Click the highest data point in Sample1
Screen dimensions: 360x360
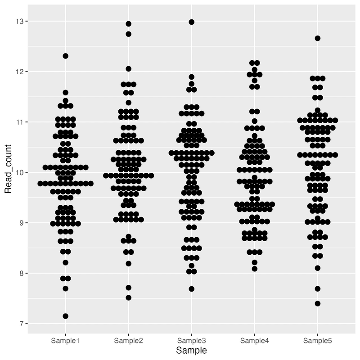(65, 56)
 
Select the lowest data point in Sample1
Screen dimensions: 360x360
(65, 316)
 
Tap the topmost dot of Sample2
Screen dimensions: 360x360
(128, 23)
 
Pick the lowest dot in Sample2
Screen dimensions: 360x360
(128, 297)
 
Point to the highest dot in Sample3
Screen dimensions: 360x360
(191, 22)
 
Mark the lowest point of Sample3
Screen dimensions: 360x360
(191, 289)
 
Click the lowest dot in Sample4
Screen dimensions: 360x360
(254, 269)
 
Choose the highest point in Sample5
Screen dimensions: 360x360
(317, 38)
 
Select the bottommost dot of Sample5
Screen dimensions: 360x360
(317, 303)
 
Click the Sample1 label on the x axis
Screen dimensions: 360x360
(65, 339)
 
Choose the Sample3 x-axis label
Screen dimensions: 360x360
(191, 339)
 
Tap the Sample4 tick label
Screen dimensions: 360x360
(254, 339)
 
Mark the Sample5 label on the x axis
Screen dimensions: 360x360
(317, 339)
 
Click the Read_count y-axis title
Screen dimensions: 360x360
(8, 172)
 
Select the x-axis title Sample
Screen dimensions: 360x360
(191, 350)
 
